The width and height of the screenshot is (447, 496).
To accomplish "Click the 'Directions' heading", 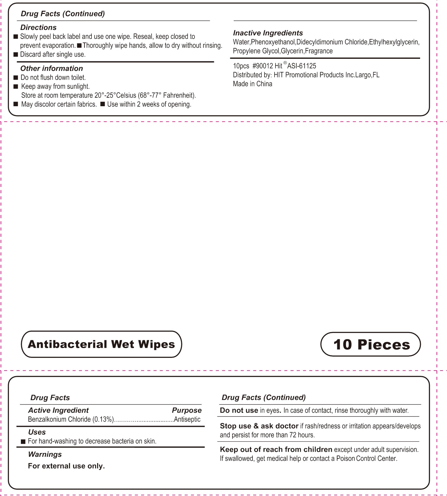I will coord(38,28).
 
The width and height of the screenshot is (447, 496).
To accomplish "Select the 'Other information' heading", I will coord(52,68).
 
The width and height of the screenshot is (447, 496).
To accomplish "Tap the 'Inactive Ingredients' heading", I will coord(268,33).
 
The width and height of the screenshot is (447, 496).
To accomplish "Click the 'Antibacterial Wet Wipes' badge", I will coord(101,344).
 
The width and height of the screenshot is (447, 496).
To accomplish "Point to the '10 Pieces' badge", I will coord(371,344).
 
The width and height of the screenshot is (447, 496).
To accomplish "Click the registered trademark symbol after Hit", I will coord(285,63).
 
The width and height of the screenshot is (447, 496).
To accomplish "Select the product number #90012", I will coord(263,66).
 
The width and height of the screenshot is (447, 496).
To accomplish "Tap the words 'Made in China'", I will coord(252,84).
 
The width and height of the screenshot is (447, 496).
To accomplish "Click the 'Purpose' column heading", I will coord(187,410).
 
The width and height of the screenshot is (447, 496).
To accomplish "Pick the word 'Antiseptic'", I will coord(187,419).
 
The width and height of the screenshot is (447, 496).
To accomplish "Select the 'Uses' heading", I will coord(37,432).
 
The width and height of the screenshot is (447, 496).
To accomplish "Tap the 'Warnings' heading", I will coord(45,454).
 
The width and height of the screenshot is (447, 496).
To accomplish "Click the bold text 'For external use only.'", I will coord(66,466).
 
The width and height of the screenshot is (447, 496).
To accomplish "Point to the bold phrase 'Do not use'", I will coord(239,410).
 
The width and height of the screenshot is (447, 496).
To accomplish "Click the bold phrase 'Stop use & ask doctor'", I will coord(259,426).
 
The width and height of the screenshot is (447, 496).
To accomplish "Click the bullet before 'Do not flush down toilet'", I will coord(16,77).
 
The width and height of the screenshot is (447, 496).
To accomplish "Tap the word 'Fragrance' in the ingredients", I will coord(319,51).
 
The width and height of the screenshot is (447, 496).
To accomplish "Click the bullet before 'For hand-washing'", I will coord(23,442).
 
